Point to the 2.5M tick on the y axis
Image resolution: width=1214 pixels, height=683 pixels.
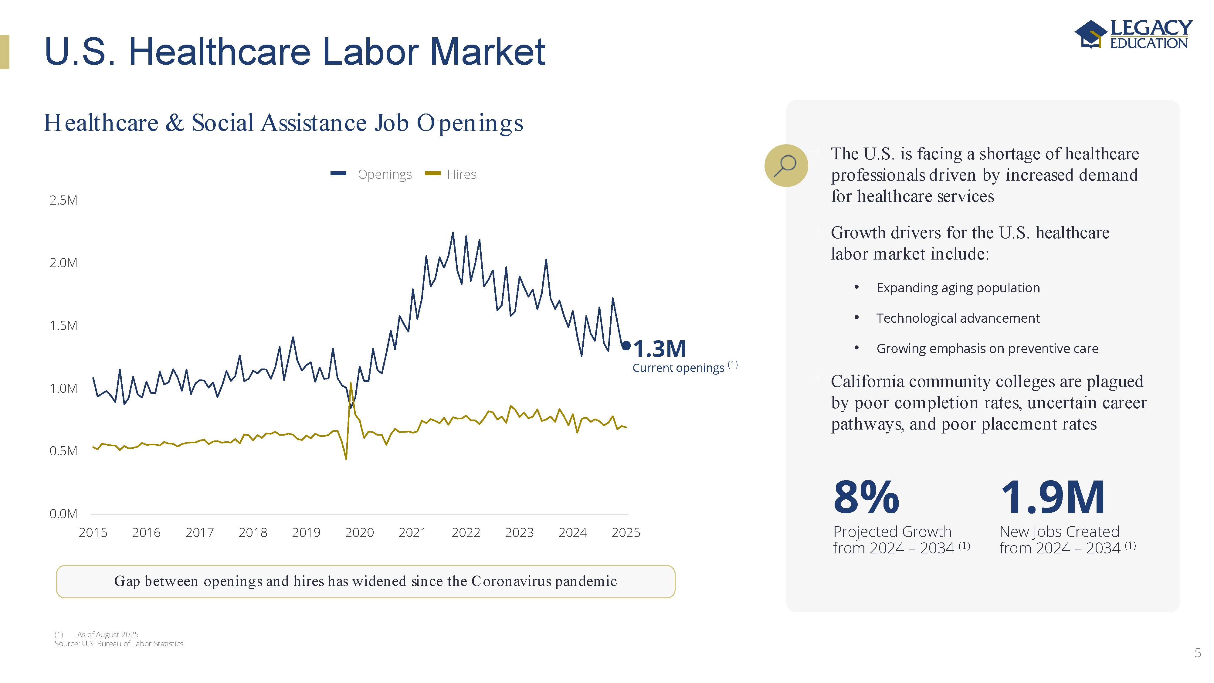pos(63,200)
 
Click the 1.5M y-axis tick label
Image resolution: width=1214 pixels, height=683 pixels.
pos(63,326)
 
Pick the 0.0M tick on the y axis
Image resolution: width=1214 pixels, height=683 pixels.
pos(63,514)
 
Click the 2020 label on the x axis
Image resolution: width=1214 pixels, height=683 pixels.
pos(359,533)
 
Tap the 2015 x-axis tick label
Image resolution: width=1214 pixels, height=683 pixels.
pos(93,533)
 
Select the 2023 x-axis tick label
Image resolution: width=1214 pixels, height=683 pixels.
pos(519,533)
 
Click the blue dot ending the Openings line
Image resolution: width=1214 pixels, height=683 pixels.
pos(626,345)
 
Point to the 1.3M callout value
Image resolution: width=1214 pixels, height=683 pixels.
pos(659,349)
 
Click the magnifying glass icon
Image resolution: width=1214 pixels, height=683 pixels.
pos(786,165)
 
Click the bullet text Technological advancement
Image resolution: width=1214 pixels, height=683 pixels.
pos(958,318)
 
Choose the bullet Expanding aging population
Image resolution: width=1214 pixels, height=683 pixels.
pos(958,288)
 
